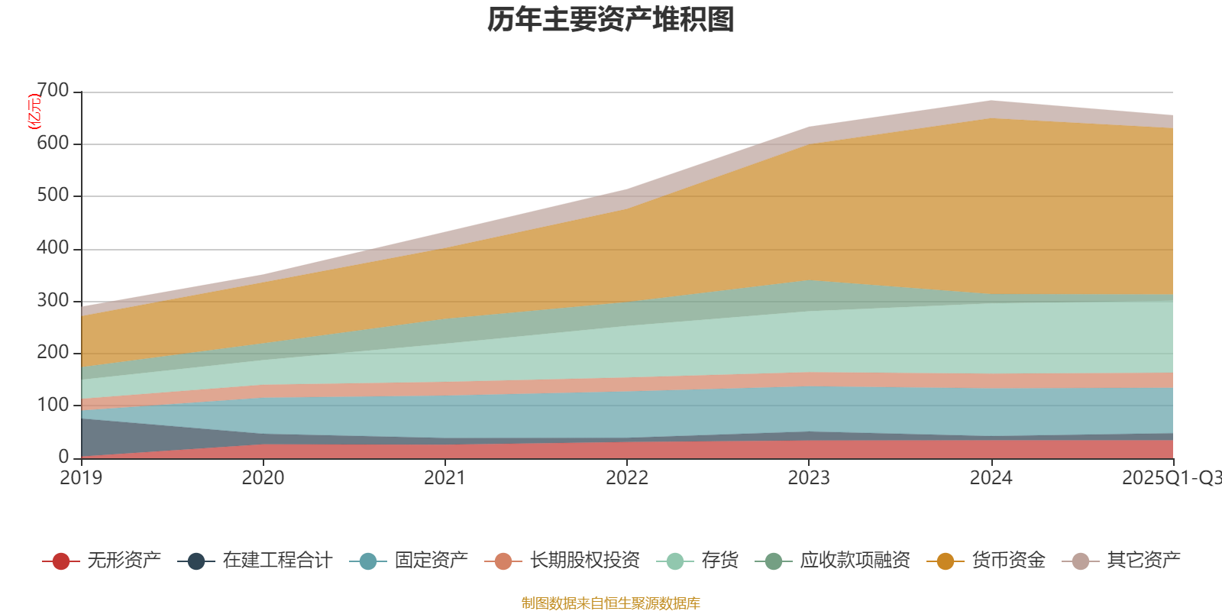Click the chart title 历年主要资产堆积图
pos(611,21)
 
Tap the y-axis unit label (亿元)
pos(34,112)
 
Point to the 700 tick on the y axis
pos(53,91)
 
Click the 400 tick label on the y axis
pos(53,248)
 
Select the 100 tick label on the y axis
pos(53,405)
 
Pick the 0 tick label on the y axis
pos(63,457)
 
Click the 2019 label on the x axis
pos(81,478)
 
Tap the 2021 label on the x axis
pos(445,478)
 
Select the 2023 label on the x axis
pos(809,478)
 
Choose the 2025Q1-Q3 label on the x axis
pos(1171,478)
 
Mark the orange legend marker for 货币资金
pos(946,561)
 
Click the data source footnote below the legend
pos(611,603)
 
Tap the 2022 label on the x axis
pos(627,478)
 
